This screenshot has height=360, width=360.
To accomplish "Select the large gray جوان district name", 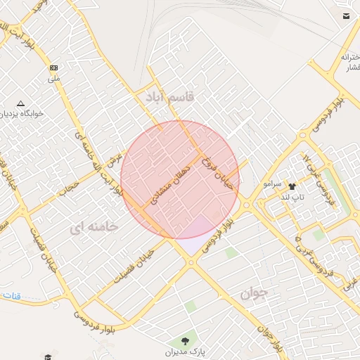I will tap(254, 294).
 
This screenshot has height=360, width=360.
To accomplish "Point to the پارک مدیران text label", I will tap(184, 351).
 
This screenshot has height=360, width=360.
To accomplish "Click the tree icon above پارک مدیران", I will tap(184, 341).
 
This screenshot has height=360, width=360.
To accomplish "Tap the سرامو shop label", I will tap(272, 184).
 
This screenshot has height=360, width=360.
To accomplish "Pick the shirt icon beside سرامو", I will tap(292, 186).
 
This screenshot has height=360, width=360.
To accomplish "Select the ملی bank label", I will tap(54, 79).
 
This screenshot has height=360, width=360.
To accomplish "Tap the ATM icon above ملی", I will tap(53, 68).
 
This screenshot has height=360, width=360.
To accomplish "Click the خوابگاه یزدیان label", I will tap(22, 112).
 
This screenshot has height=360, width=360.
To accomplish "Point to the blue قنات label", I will tap(8, 295).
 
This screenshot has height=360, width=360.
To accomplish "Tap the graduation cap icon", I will tap(47, 357).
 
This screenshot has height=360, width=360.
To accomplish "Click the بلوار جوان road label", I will tap(271, 336).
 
